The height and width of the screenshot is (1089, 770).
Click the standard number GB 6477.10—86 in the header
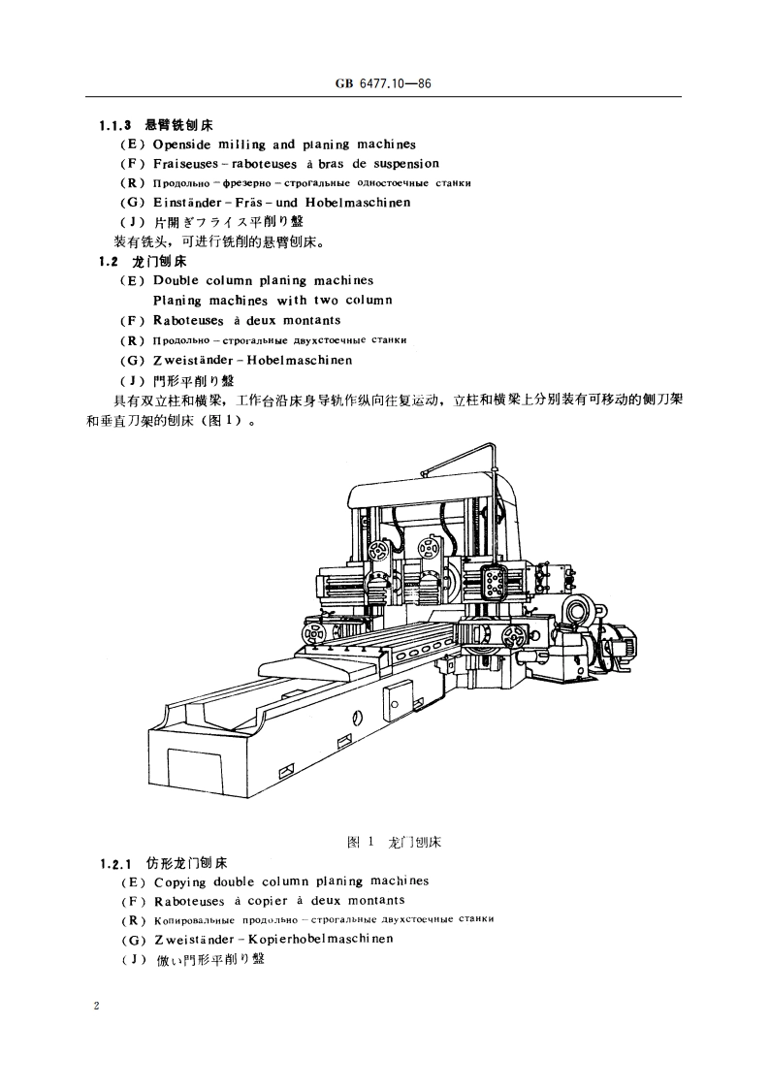click(x=383, y=85)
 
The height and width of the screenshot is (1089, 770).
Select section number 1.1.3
click(x=115, y=125)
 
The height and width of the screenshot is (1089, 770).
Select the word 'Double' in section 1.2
click(x=176, y=280)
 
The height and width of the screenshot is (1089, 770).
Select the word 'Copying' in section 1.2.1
click(x=181, y=881)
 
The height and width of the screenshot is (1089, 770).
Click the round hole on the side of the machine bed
click(x=358, y=719)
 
